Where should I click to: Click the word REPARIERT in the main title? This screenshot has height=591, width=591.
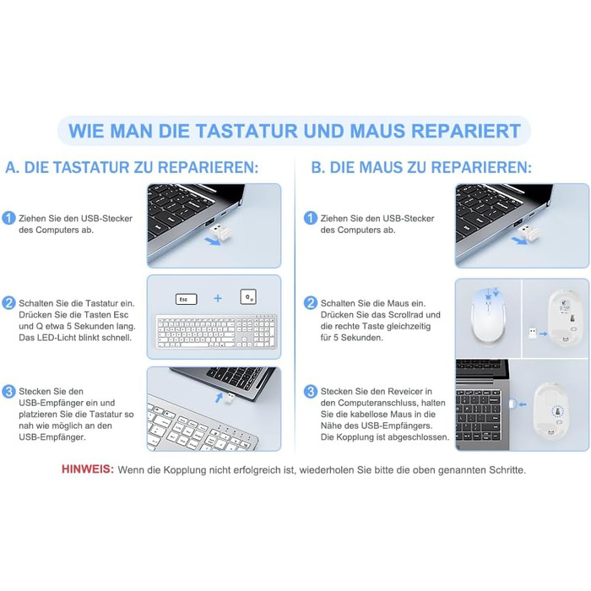466,131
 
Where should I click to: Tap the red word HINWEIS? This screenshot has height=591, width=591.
88,469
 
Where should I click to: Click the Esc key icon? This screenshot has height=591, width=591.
187,299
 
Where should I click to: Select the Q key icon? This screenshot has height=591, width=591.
248,297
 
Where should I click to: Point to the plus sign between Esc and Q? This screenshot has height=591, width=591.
218,298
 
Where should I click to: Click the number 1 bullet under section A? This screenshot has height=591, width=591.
8,218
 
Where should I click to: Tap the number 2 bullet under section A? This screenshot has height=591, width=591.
8,303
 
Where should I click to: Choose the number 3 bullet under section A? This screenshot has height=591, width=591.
8,391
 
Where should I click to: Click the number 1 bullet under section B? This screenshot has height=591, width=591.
310,218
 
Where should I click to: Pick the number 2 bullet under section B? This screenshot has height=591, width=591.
310,303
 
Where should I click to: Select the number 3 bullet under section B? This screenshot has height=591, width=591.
310,391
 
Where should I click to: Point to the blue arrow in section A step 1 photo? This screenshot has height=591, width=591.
213,241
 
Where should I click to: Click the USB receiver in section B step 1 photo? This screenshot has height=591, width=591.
525,232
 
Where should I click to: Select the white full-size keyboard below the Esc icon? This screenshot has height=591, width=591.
216,332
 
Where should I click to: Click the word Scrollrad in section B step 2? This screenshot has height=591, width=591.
406,315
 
